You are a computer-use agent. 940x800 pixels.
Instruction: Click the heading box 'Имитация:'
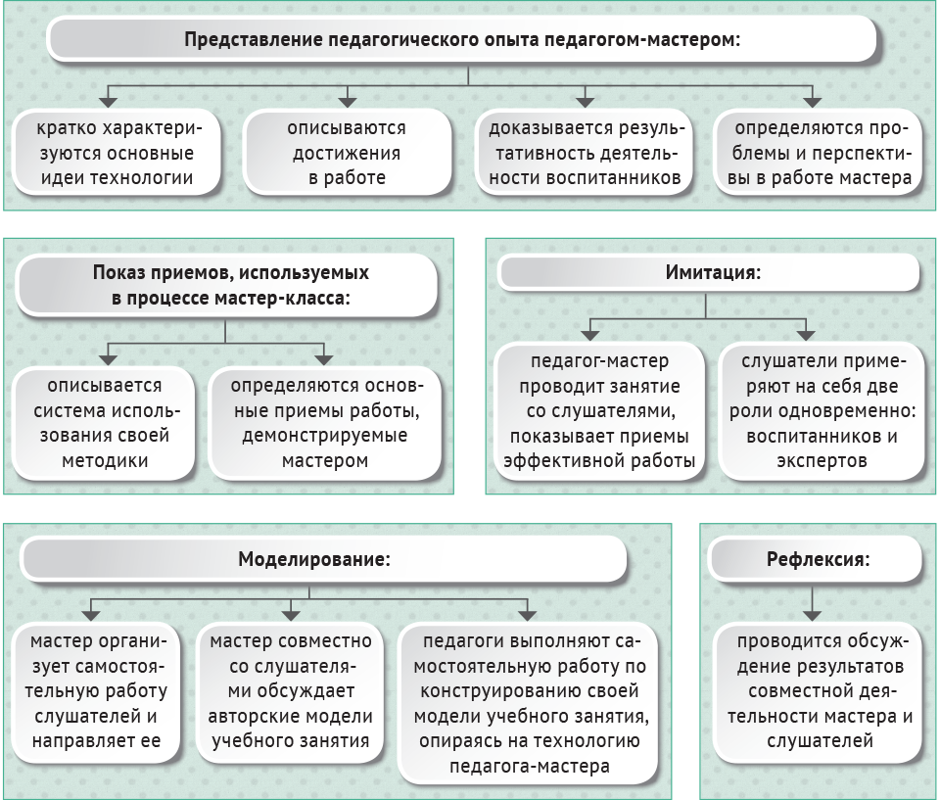tap(709, 273)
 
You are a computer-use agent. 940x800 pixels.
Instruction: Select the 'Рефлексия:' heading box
tap(816, 559)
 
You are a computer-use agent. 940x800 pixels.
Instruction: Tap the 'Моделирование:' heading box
tap(324, 559)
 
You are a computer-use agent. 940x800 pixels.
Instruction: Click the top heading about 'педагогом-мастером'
tap(461, 39)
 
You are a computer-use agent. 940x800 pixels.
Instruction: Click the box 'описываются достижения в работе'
tap(347, 153)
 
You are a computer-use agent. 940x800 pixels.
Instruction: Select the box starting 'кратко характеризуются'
tap(117, 153)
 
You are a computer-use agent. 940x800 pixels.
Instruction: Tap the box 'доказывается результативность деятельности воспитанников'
tap(584, 153)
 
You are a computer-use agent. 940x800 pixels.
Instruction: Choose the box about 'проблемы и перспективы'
tap(818, 153)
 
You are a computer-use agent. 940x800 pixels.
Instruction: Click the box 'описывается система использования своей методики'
tap(105, 423)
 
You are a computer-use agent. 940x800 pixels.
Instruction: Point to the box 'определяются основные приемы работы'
tap(324, 423)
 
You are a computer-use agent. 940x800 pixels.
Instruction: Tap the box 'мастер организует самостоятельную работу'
tap(96, 691)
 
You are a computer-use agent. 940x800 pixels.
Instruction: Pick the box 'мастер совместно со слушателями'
tap(290, 691)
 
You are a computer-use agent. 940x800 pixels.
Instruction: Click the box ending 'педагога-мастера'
tap(529, 703)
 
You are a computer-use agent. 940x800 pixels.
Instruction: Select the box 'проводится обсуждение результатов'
tap(819, 691)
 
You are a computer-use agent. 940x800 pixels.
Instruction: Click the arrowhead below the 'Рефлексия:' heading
tap(812, 615)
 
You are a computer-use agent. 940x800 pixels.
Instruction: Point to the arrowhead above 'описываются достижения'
tap(347, 102)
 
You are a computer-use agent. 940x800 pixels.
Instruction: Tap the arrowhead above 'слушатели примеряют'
tap(805, 335)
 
